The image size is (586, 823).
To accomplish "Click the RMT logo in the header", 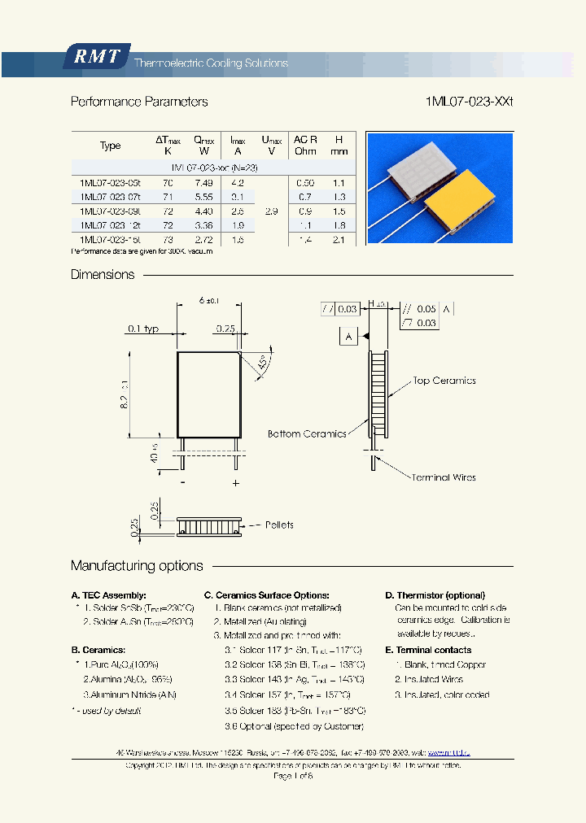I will [x=96, y=57].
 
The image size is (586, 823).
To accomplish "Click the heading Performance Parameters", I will [x=139, y=102].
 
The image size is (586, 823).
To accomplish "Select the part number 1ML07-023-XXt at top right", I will [x=469, y=102].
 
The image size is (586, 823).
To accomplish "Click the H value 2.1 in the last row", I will [x=339, y=240].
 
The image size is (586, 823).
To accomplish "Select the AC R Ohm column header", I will [x=305, y=146].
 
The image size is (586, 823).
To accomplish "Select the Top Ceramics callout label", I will [x=444, y=381].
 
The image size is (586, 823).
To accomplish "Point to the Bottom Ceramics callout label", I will [x=307, y=434].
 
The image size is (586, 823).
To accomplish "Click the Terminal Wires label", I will [x=444, y=477].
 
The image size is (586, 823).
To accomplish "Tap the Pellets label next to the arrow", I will [x=279, y=525].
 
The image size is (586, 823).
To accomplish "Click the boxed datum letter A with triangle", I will [x=348, y=336].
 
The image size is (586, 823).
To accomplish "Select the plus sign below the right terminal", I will [x=236, y=483].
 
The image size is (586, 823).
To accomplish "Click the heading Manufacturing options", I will [x=137, y=566].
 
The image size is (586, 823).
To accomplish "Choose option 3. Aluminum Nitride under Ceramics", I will [x=130, y=695].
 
